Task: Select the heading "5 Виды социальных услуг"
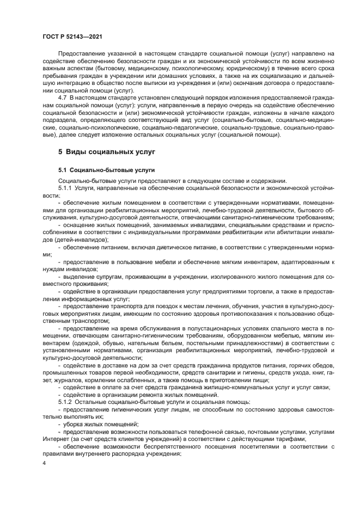107,149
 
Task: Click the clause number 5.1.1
67,188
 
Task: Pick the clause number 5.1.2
67,402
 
